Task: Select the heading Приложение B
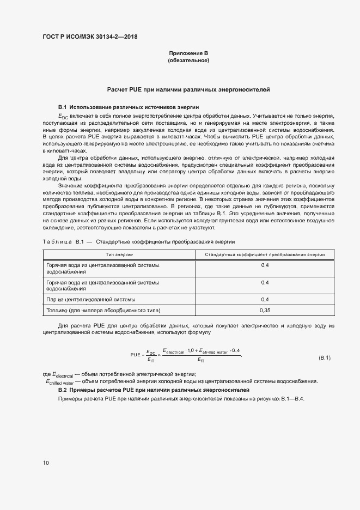(x=188, y=53)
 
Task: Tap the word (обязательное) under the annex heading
(x=188, y=60)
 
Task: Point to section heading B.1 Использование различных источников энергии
(x=129, y=107)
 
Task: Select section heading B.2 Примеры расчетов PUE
(x=154, y=391)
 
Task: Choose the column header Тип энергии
(x=119, y=254)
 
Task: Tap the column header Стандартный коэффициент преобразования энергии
(x=265, y=254)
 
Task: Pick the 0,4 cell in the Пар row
(x=265, y=299)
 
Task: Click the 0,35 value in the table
(x=265, y=310)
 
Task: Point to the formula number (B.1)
(x=325, y=357)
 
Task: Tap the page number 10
(x=46, y=463)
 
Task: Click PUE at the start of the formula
(x=136, y=355)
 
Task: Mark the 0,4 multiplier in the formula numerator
(x=235, y=350)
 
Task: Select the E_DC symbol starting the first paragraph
(x=63, y=117)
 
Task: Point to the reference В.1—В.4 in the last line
(x=305, y=399)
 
